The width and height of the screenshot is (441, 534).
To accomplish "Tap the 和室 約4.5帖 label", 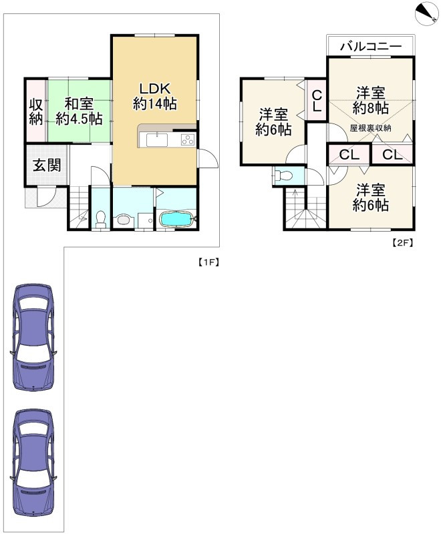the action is point(79,111).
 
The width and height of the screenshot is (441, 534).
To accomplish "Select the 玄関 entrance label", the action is point(47,166).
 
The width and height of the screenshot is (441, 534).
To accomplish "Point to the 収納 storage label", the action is point(36,111).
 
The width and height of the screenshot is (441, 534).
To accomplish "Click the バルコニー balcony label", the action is point(370,46).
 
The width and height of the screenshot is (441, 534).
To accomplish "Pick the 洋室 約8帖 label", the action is point(370,101).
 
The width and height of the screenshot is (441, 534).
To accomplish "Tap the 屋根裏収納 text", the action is point(370,128).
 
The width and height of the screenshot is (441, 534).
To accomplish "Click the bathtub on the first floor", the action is point(176,219).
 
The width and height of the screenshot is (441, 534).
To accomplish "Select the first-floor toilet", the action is point(101,220).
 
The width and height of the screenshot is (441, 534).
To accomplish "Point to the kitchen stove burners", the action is point(188,140).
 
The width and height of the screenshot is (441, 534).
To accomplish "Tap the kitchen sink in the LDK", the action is point(157,140).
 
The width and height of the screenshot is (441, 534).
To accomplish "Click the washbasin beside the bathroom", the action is point(122,220).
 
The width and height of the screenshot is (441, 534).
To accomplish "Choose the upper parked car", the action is point(33,337).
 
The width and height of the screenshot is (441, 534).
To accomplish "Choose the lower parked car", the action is point(33,462).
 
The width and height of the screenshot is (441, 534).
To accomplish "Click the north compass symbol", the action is point(426,13).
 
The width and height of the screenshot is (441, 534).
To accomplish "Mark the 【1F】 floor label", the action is point(208,262).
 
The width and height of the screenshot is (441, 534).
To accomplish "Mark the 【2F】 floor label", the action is point(402,242).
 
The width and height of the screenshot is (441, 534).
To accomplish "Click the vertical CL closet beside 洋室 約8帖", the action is point(317,100).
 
